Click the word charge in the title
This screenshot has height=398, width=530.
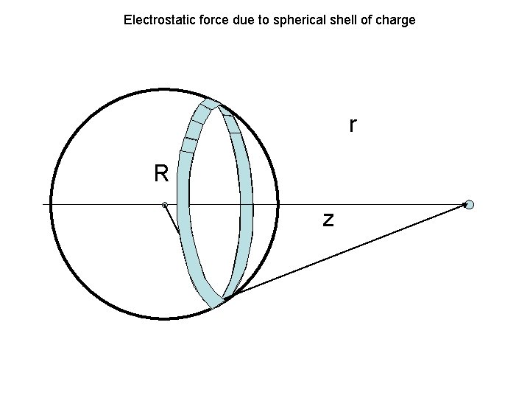tap(397, 20)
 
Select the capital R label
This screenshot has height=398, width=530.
tap(162, 174)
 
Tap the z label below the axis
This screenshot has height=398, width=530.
tap(328, 219)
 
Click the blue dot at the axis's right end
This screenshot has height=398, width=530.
tap(470, 205)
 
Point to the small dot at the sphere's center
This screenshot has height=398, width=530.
tap(165, 205)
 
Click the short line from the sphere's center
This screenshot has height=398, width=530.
tap(172, 220)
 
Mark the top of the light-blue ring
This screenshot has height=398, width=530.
tap(211, 103)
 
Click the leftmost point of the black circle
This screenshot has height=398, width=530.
tap(51, 204)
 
